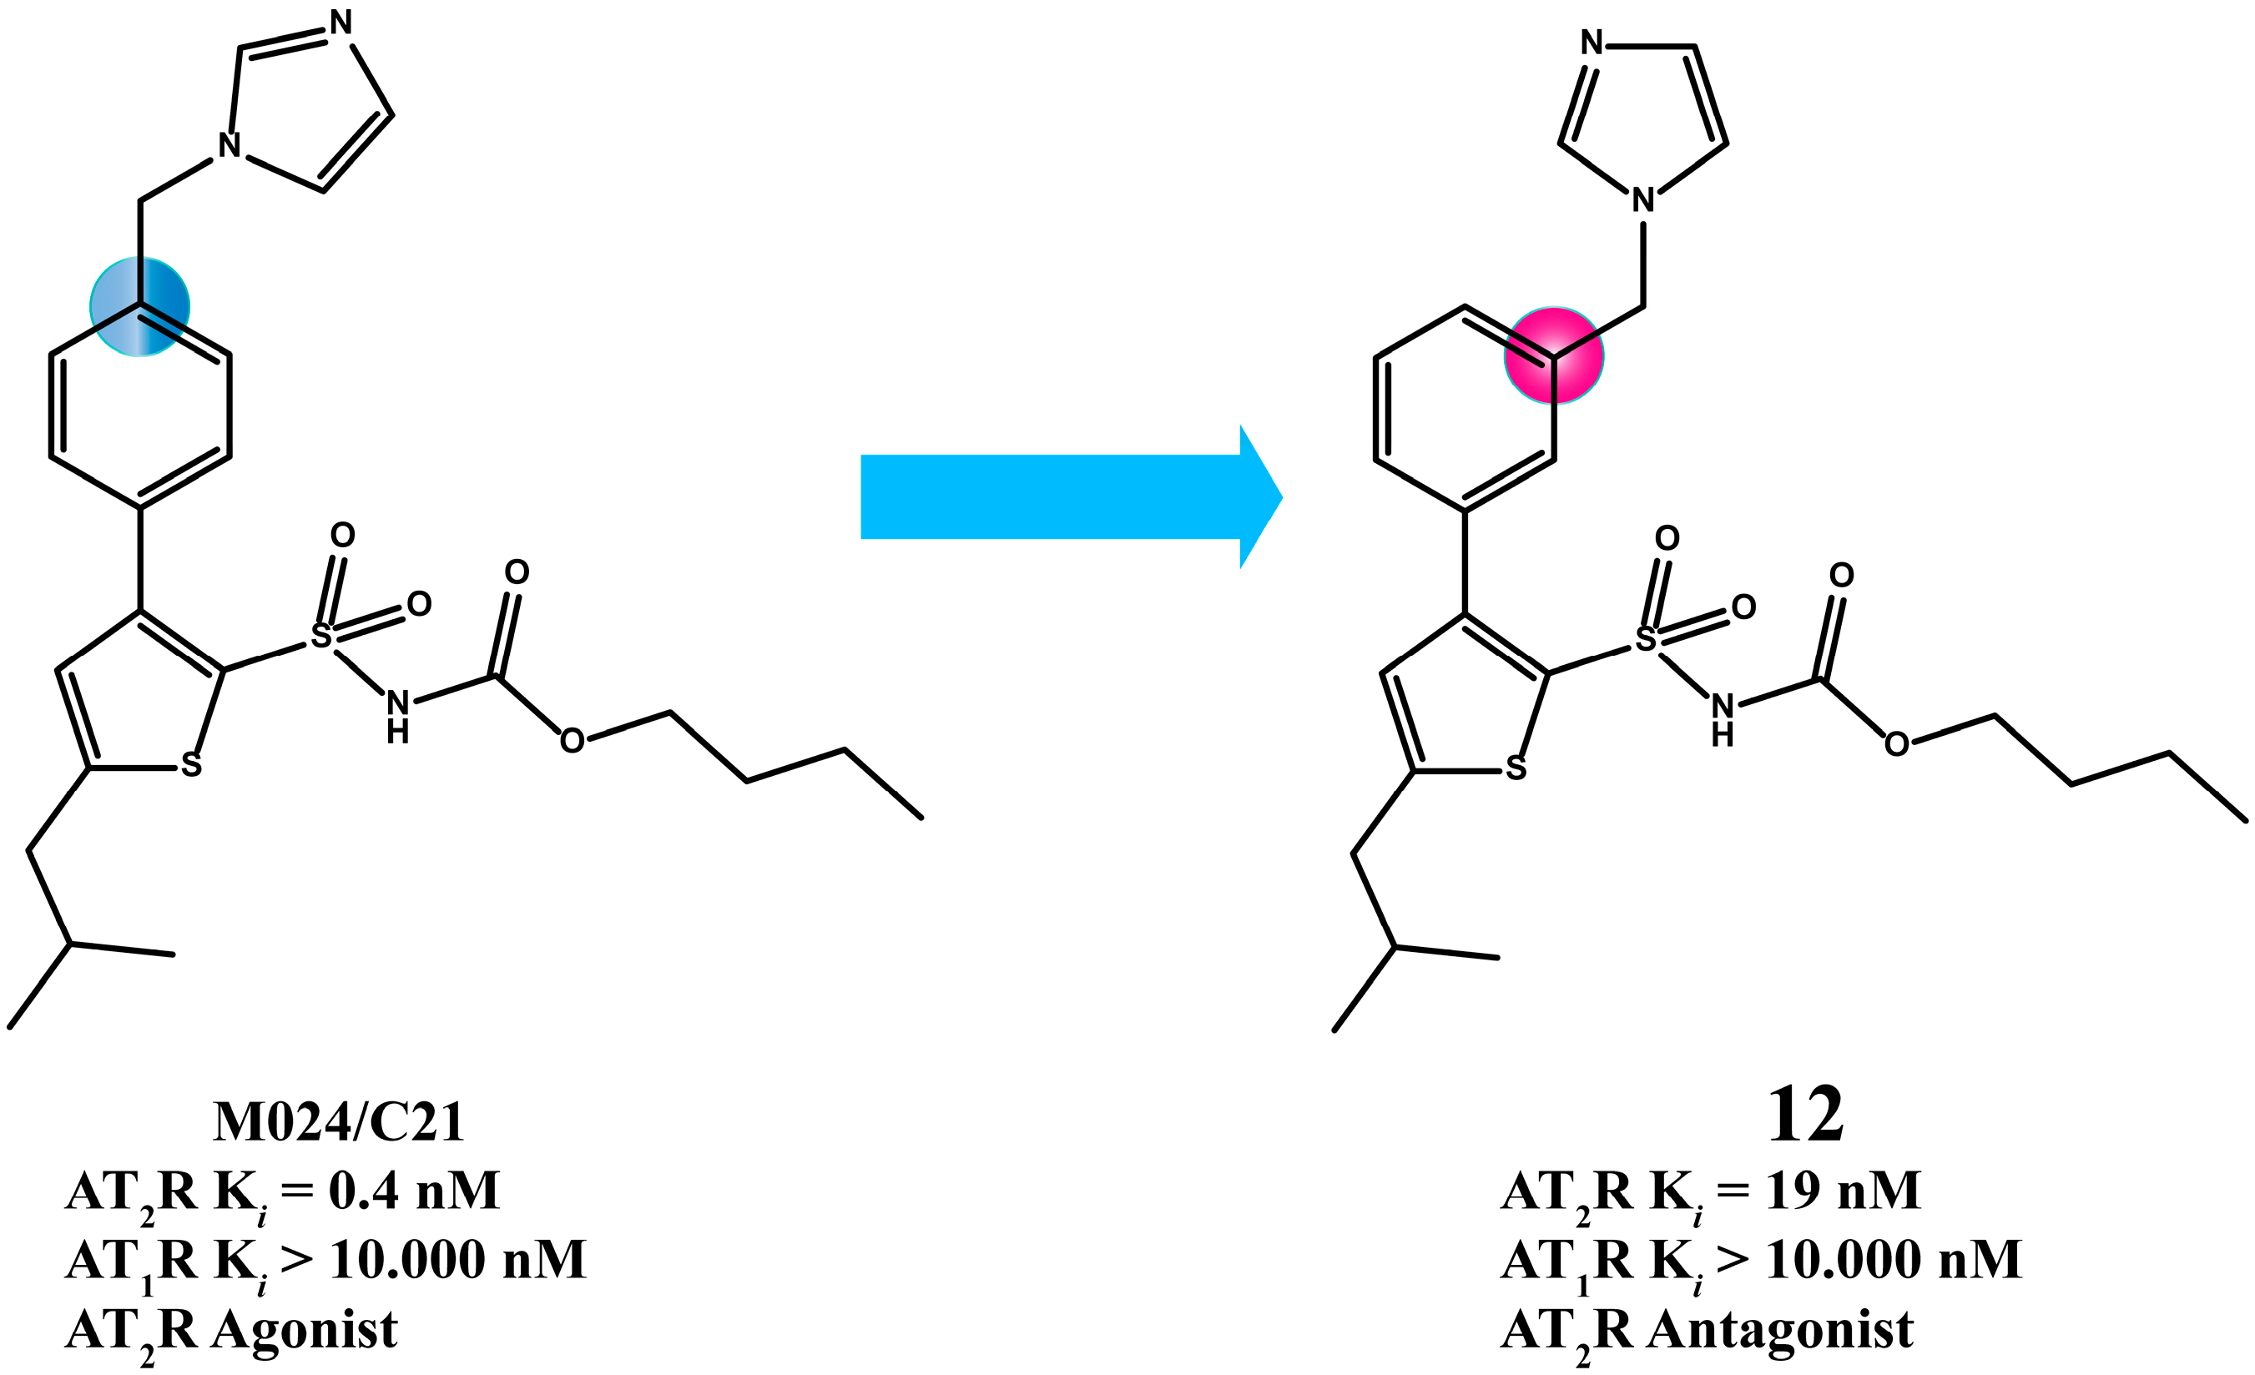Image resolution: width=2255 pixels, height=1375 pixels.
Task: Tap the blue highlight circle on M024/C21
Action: tap(140, 306)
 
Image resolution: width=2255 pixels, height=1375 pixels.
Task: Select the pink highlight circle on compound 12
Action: tap(1553, 355)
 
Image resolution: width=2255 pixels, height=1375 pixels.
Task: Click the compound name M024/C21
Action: tap(339, 1122)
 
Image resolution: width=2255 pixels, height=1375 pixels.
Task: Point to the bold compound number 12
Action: tap(1804, 1116)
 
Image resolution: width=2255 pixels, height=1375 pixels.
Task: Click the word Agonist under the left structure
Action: tap(304, 1329)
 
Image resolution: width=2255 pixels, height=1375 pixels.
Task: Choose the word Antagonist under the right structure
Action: tap(1779, 1329)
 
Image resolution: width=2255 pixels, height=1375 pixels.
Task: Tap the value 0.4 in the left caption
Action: tap(363, 1191)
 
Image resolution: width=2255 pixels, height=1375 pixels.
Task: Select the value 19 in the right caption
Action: tap(1793, 1191)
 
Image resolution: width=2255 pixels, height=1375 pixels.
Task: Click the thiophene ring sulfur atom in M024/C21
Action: tap(191, 765)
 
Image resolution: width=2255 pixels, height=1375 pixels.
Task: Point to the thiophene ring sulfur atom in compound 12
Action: tap(1516, 768)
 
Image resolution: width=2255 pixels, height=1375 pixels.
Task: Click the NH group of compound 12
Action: tap(1723, 719)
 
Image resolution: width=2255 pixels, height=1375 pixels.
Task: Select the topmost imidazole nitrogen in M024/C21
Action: tap(341, 22)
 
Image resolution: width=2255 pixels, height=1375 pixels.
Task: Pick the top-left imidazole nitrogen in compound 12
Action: tap(1592, 42)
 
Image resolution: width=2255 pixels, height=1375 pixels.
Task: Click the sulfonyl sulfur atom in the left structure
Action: tap(321, 635)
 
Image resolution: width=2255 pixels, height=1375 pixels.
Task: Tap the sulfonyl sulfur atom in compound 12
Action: tap(1646, 638)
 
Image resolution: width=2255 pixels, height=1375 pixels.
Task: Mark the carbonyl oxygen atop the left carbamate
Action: tap(517, 572)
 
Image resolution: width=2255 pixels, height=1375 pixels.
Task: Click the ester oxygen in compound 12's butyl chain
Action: tap(1897, 743)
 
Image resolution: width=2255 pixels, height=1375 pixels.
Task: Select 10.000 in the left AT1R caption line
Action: tap(407, 1260)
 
